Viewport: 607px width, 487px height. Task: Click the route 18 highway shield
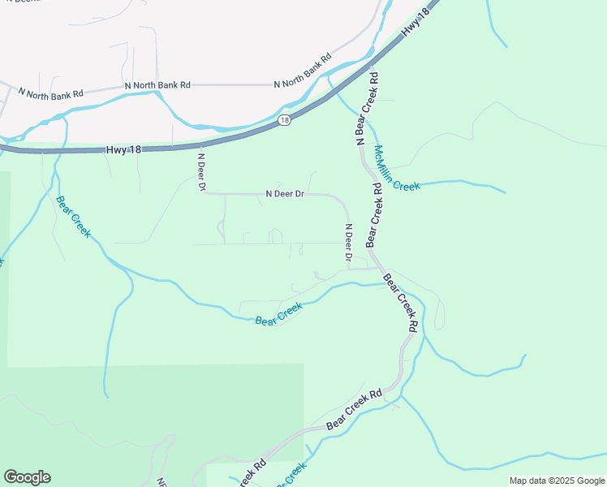(x=283, y=120)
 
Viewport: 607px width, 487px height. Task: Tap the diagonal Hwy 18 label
(x=414, y=23)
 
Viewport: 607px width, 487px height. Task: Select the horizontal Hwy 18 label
(x=118, y=150)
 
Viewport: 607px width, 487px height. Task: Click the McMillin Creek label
(x=396, y=168)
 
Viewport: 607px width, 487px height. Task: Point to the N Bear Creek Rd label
(x=366, y=109)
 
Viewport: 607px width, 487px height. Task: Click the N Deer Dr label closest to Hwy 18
(x=201, y=172)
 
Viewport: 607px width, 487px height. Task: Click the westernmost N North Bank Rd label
(x=50, y=94)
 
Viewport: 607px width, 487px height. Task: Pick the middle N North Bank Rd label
(x=157, y=84)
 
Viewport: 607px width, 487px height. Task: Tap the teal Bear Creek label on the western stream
(x=72, y=217)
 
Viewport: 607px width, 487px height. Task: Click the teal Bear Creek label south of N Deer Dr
(x=278, y=313)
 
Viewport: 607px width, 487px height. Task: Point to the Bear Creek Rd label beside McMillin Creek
(x=373, y=214)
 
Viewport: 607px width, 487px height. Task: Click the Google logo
(x=27, y=477)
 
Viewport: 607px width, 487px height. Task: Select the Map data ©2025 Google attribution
(x=557, y=481)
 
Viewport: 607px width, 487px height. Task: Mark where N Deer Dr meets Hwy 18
(x=200, y=146)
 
